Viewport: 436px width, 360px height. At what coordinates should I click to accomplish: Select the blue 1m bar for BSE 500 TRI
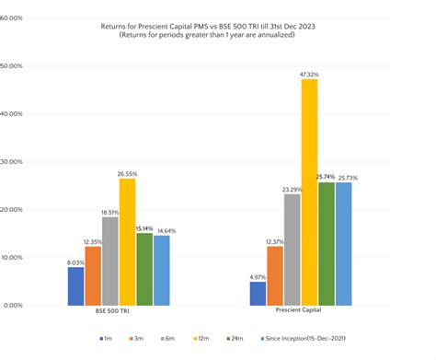tap(75, 285)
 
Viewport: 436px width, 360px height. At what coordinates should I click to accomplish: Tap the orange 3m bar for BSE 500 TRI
tap(93, 275)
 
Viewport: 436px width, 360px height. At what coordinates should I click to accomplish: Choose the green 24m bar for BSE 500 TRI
tap(144, 268)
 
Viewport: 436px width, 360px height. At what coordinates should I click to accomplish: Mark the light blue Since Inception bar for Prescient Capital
tap(343, 243)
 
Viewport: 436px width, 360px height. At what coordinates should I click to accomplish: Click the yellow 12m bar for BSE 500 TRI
tap(127, 241)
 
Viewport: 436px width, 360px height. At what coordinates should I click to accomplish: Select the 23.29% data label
tap(292, 187)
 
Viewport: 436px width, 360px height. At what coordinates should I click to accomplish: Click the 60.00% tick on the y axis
tap(17, 17)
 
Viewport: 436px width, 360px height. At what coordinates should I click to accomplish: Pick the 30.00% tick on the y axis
tap(17, 161)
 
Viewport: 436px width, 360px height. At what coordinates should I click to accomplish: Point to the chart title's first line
tap(218, 27)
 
